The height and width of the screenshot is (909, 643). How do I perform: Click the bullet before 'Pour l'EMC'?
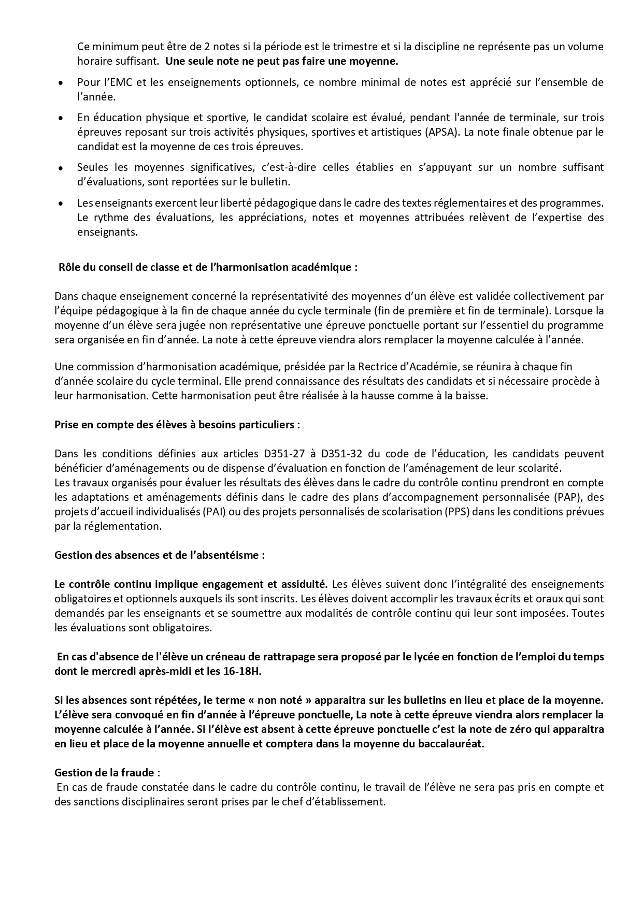61,83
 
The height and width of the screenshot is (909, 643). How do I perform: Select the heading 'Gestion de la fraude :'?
107,772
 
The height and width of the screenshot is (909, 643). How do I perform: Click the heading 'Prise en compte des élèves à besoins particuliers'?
177,425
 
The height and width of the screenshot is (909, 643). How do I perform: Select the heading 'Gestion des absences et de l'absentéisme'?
160,555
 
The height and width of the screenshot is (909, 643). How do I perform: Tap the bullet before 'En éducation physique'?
61,118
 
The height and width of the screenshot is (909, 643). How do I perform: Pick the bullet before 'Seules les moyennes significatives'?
61,168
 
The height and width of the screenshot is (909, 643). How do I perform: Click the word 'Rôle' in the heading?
69,267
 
